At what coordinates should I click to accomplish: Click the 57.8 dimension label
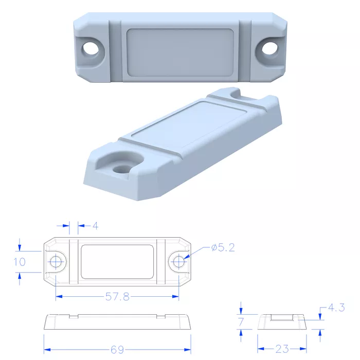coord(117,297)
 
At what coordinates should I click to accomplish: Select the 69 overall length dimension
coord(117,350)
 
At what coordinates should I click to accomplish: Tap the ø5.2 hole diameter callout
coord(223,247)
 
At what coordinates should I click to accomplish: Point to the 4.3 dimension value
coord(336,308)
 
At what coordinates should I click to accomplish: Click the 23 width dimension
coord(282,349)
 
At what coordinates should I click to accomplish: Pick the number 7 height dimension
coord(241,322)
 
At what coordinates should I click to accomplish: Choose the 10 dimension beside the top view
coord(20,262)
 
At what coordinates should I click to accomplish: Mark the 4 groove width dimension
coord(95,226)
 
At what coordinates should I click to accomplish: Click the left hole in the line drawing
coord(56,261)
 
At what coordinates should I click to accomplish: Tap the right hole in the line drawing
coord(179,261)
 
